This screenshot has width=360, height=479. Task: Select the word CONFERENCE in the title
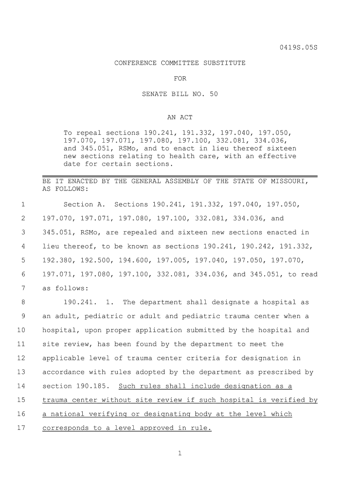tap(136, 63)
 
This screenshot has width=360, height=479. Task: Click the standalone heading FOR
tap(180, 78)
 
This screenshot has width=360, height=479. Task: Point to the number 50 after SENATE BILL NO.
tap(214, 94)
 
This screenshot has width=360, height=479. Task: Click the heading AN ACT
tap(180, 117)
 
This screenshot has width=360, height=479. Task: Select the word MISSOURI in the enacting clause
tap(289, 181)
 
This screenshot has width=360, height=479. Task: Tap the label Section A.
tap(85, 204)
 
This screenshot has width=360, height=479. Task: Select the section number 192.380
tap(57, 260)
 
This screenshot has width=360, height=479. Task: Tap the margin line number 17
tap(21, 428)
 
